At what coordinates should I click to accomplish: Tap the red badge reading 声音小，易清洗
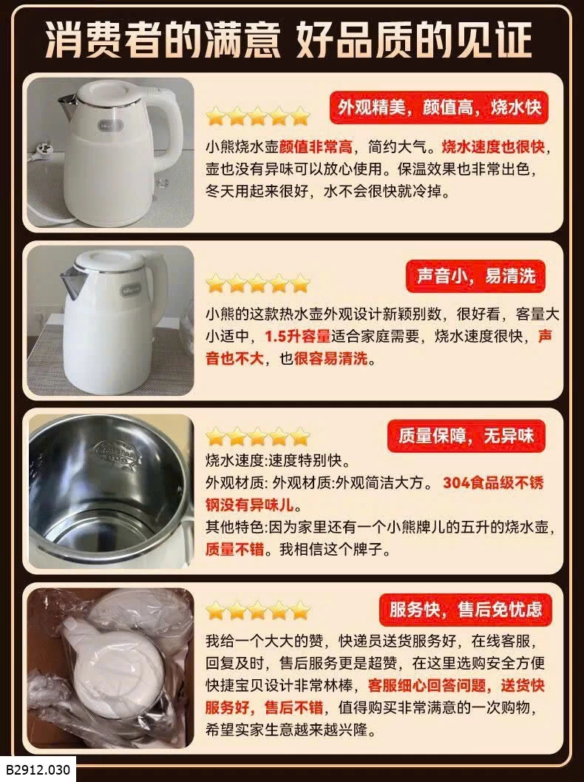click(475, 276)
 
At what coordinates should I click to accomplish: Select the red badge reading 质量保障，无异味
click(466, 436)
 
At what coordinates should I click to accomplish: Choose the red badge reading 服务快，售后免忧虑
click(466, 610)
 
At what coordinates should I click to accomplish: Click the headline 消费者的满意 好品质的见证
click(289, 40)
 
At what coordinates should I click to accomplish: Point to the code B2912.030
click(38, 769)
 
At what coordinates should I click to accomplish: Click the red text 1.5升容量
click(297, 336)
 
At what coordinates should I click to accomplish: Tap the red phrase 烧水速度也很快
click(493, 147)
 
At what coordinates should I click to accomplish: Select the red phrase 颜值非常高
click(316, 147)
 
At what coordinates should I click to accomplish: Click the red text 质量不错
click(234, 549)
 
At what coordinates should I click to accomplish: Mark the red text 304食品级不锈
click(493, 483)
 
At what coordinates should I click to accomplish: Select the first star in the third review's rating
click(216, 437)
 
